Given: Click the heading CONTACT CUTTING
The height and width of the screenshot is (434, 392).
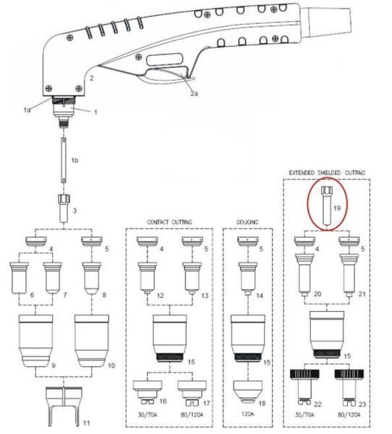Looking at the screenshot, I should click(x=169, y=222).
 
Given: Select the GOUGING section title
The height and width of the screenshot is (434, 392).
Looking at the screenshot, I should click(x=248, y=222).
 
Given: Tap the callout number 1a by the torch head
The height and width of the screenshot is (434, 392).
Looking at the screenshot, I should click(x=27, y=109).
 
